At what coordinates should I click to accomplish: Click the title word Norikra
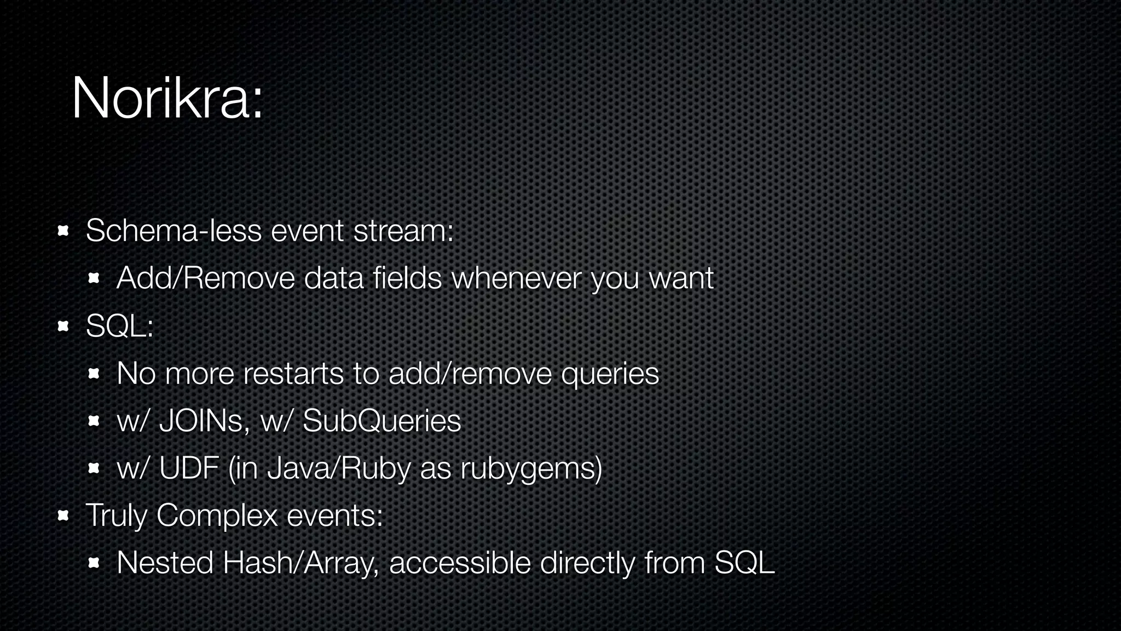[x=161, y=99]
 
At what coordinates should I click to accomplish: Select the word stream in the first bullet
[x=403, y=231]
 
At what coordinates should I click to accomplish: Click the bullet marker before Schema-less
[x=62, y=231]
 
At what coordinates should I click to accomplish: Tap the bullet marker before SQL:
[x=62, y=326]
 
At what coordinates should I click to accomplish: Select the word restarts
[x=293, y=374]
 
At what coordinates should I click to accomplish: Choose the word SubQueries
[x=382, y=421]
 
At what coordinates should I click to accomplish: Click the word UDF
[x=189, y=469]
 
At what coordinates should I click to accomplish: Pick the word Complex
[x=217, y=515]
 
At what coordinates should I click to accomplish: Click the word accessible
[x=459, y=563]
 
